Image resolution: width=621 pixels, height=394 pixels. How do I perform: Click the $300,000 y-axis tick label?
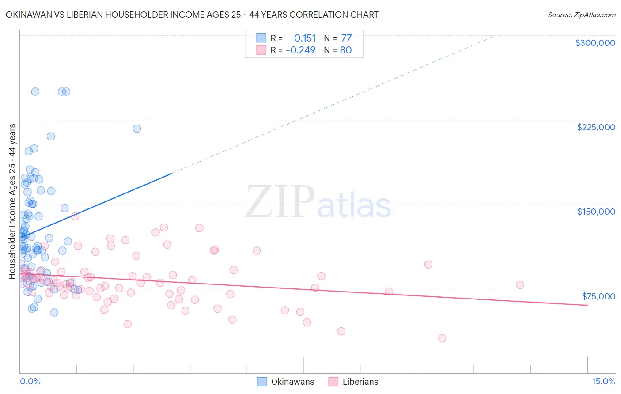pyautogui.click(x=595, y=43)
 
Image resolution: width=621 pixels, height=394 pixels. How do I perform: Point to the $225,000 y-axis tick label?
pyautogui.click(x=596, y=127)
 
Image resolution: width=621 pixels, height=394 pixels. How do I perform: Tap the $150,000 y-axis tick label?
pyautogui.click(x=596, y=212)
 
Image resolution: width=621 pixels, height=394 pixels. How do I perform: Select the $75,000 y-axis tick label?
pyautogui.click(x=598, y=296)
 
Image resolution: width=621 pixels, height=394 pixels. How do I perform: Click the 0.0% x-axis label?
pyautogui.click(x=30, y=382)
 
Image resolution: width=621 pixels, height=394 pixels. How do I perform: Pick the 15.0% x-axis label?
pyautogui.click(x=603, y=382)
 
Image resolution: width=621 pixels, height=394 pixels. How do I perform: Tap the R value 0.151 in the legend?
pyautogui.click(x=305, y=38)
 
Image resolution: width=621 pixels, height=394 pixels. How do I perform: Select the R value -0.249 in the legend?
pyautogui.click(x=301, y=50)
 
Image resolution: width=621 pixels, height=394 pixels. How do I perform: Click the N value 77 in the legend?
pyautogui.click(x=346, y=38)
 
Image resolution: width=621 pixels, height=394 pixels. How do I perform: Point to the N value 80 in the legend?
pyautogui.click(x=346, y=50)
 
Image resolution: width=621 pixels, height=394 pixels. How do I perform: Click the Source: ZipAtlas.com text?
pyautogui.click(x=581, y=15)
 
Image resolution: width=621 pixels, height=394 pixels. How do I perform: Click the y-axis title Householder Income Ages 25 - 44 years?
pyautogui.click(x=12, y=201)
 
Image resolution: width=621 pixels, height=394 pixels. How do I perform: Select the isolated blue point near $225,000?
pyautogui.click(x=137, y=129)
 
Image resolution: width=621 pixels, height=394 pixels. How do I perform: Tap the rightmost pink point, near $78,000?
pyautogui.click(x=520, y=285)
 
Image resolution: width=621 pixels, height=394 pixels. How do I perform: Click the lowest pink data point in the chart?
pyautogui.click(x=442, y=338)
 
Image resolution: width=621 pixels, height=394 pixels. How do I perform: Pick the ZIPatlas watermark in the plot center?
pyautogui.click(x=318, y=202)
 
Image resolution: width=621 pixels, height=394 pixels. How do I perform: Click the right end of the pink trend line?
pyautogui.click(x=587, y=305)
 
